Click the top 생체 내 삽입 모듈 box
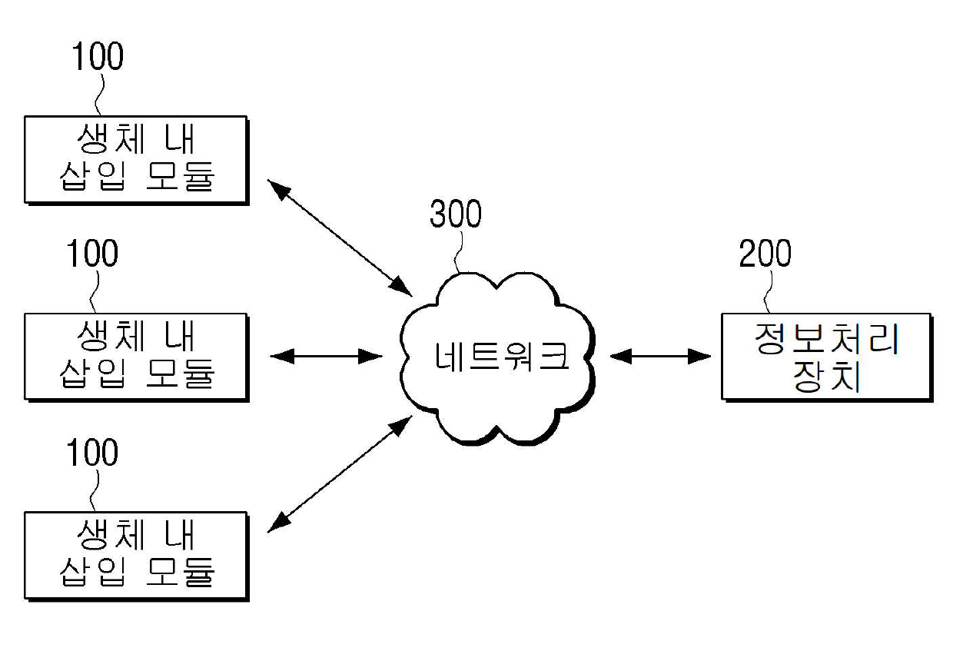135,159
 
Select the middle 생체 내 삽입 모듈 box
135,356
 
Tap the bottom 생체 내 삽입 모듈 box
135,554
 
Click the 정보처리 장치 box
825,356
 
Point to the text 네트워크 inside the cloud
500,356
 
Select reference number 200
765,254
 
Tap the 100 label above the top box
97,57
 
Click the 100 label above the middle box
92,254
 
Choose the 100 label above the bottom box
92,453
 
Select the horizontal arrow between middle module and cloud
327,356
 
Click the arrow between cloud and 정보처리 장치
660,356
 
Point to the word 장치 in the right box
825,378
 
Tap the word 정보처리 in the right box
825,339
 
